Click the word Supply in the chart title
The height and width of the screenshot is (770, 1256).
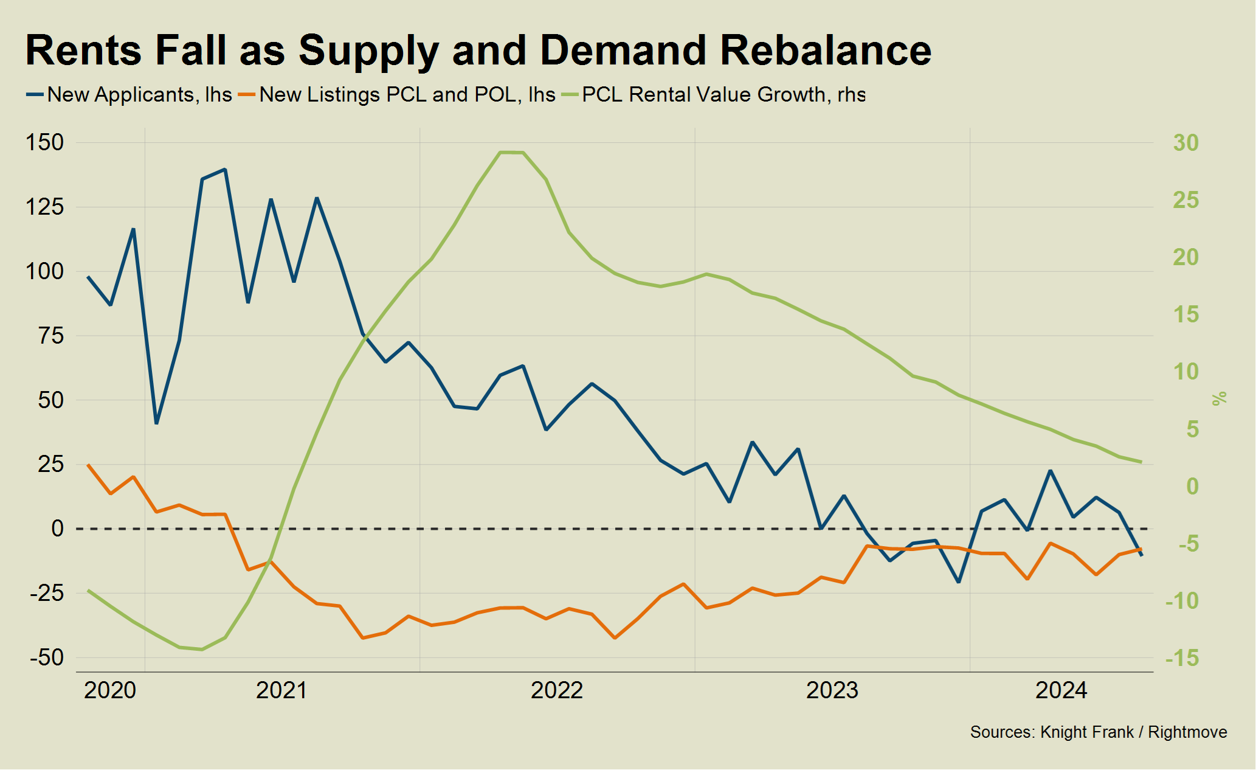coord(368,51)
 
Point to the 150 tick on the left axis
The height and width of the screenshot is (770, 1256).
coord(44,143)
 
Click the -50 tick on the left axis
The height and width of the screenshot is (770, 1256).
coord(47,657)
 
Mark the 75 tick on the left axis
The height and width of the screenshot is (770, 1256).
coord(51,336)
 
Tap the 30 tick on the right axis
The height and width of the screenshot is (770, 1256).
coord(1185,143)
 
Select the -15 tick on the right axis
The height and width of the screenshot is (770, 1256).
coord(1182,657)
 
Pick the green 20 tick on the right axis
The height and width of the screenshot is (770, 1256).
coord(1185,257)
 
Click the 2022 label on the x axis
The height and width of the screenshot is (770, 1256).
coord(557,691)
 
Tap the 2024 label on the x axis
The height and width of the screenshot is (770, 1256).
coord(1061,691)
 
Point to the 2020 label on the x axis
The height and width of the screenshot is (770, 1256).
coord(110,691)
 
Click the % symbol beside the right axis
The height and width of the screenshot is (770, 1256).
coord(1220,399)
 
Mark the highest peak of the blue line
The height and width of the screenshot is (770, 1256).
coord(225,169)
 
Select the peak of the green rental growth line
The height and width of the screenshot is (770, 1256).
coord(511,152)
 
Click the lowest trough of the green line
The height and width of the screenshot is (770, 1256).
coord(202,650)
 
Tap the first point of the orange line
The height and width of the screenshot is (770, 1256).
coord(88,465)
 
